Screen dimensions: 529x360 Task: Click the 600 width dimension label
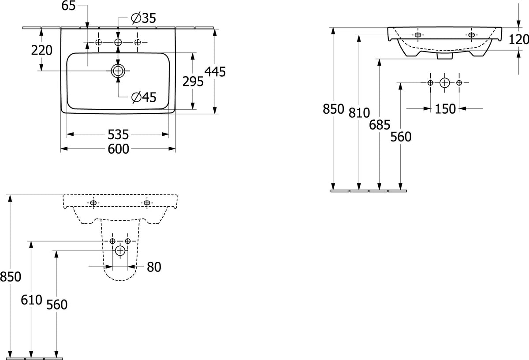pos(118,149)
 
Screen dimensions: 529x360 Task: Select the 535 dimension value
pos(118,134)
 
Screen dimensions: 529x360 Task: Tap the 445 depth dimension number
pos(215,71)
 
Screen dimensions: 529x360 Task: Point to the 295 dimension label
pos(193,82)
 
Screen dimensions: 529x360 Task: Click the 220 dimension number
pos(41,50)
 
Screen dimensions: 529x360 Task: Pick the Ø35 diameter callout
pos(144,18)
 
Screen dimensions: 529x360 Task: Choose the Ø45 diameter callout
pos(144,97)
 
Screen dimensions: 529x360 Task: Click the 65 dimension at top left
pos(68,6)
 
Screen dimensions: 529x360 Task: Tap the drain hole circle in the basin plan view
pos(118,71)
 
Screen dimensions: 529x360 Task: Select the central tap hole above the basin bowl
pos(118,42)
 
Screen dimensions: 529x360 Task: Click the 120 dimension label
pos(518,39)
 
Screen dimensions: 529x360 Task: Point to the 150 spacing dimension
pos(445,109)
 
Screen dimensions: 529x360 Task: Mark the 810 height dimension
pos(359,113)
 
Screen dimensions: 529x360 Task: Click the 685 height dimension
pos(380,125)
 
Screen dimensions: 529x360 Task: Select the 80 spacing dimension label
pos(154,267)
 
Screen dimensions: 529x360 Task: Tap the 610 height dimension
pos(31,300)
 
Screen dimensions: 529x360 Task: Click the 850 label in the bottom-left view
pos(11,277)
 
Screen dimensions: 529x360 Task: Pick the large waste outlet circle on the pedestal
pos(120,250)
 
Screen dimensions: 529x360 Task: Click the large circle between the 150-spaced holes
pos(445,83)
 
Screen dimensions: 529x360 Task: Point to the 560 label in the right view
pos(401,137)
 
